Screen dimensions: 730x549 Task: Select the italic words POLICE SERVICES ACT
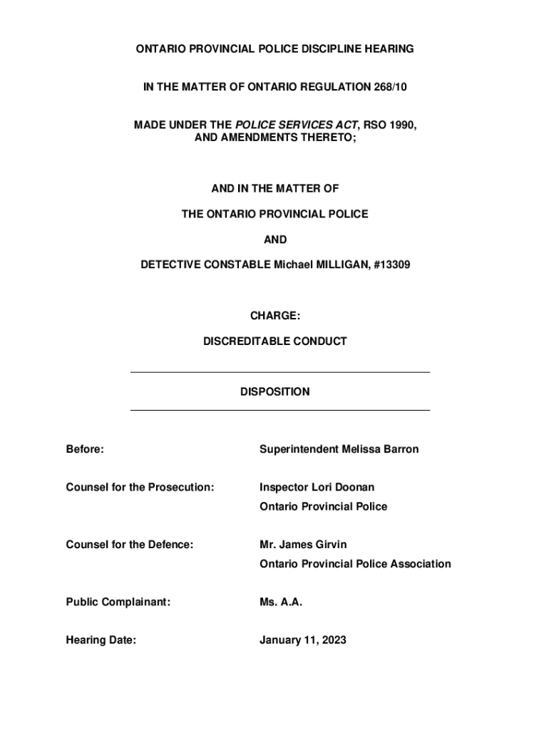tap(296, 125)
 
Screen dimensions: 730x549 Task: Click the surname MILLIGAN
tap(333, 265)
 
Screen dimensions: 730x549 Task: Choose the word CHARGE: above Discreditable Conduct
tap(274, 317)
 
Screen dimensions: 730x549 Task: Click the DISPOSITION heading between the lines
tap(274, 392)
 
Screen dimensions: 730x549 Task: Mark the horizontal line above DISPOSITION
tap(279, 372)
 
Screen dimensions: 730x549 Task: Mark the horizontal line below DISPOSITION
tap(279, 410)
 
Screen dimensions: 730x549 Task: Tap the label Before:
tap(85, 450)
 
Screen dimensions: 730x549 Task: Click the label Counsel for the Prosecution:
tap(140, 488)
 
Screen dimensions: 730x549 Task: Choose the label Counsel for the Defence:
tap(130, 545)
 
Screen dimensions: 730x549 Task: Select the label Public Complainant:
tap(118, 602)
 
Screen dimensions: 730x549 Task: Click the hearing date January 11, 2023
tap(303, 640)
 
